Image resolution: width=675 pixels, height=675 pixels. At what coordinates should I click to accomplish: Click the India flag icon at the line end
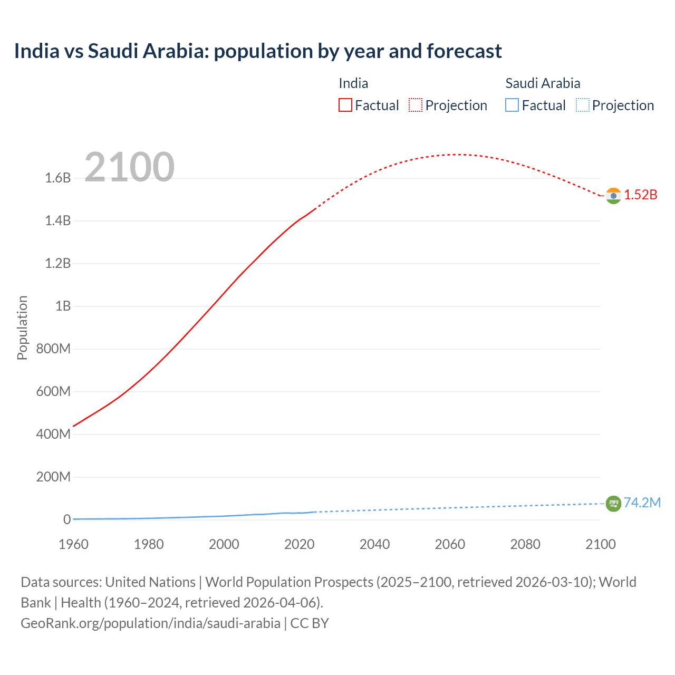(613, 196)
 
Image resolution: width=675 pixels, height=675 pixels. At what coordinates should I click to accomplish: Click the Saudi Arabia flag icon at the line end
(613, 504)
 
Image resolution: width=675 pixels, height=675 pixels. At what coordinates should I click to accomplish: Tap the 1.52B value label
(641, 195)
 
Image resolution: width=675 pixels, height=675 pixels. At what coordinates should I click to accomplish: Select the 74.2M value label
(642, 503)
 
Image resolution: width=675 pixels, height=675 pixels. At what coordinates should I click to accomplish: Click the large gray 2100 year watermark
(129, 167)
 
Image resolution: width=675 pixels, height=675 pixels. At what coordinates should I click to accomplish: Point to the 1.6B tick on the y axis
(58, 178)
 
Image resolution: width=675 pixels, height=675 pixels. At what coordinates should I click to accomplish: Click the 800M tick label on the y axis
(53, 349)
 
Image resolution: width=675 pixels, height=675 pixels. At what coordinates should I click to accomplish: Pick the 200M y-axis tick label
(53, 477)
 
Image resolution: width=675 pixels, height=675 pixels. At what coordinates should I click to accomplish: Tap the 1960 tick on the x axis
(73, 544)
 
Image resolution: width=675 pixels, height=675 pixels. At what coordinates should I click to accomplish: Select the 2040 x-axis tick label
(374, 544)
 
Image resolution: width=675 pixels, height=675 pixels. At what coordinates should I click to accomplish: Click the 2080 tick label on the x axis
(525, 544)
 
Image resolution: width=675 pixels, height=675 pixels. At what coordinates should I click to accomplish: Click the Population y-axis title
(22, 327)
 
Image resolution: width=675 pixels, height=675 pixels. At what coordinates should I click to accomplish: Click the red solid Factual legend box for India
(345, 105)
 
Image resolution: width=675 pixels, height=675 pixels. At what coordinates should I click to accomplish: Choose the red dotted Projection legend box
(416, 105)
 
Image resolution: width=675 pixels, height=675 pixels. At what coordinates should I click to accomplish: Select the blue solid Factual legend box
(512, 105)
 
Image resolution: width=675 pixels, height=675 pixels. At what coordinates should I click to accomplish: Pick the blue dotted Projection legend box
(582, 105)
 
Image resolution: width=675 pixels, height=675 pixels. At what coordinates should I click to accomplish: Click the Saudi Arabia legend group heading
(543, 83)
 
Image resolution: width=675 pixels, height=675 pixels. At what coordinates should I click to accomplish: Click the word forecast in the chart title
(464, 51)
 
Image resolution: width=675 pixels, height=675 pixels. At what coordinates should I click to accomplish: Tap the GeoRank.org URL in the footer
(150, 623)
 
